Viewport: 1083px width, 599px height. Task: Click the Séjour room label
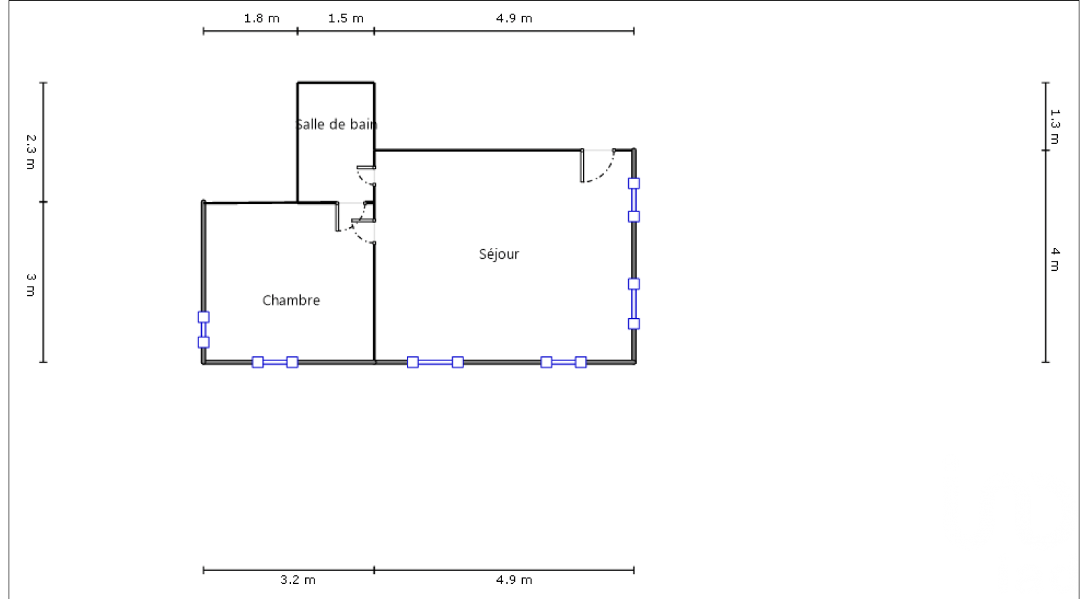click(x=499, y=254)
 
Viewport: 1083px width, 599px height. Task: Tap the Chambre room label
click(x=291, y=300)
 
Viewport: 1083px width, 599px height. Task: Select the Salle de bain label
click(x=337, y=124)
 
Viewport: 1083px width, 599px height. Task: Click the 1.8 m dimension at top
click(x=261, y=19)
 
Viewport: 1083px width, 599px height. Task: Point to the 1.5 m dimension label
click(x=346, y=19)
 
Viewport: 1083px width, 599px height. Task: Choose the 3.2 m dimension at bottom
click(x=298, y=580)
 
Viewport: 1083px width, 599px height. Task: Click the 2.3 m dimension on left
click(x=31, y=152)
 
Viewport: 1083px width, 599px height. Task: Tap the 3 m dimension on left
click(x=31, y=284)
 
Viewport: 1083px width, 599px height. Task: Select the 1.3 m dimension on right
click(x=1055, y=127)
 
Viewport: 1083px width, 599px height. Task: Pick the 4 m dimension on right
click(x=1055, y=259)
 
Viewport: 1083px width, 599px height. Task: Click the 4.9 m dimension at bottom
click(x=514, y=580)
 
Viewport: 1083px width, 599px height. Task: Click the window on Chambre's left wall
click(x=203, y=330)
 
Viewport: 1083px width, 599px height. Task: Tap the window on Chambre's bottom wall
click(x=275, y=362)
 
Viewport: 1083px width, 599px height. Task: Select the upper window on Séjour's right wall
click(x=634, y=200)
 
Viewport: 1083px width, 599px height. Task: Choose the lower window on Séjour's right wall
click(x=634, y=304)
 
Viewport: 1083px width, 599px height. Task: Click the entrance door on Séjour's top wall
click(x=597, y=166)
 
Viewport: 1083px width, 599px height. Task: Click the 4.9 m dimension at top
click(x=514, y=19)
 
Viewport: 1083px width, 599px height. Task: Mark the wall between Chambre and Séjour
click(x=374, y=302)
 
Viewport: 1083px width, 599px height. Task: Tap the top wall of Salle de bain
click(x=336, y=82)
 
